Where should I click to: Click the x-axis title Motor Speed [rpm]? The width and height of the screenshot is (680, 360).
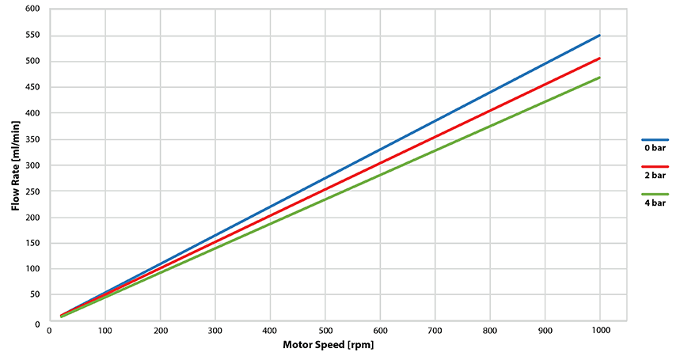pyautogui.click(x=328, y=345)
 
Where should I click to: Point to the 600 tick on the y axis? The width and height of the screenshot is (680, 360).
pyautogui.click(x=32, y=9)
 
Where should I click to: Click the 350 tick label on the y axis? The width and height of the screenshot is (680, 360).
pyautogui.click(x=32, y=139)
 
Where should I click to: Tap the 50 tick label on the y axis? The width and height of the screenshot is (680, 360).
pyautogui.click(x=34, y=295)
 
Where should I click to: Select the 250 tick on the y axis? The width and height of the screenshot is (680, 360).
pyautogui.click(x=32, y=191)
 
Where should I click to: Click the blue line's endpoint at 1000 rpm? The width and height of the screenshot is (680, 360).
pyautogui.click(x=599, y=36)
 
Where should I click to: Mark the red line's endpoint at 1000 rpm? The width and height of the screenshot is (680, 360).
pyautogui.click(x=599, y=59)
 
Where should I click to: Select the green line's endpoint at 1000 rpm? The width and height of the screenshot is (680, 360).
pyautogui.click(x=599, y=78)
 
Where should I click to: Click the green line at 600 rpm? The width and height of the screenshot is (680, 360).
pyautogui.click(x=380, y=175)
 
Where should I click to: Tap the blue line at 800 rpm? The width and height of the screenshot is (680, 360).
pyautogui.click(x=490, y=93)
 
